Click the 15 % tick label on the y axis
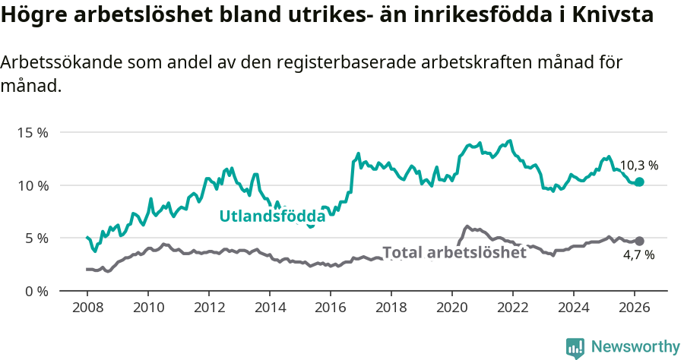click(32, 132)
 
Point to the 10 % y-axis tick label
click(32, 185)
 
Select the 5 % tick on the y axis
click(35, 238)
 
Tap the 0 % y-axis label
click(35, 291)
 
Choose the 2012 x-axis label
click(208, 308)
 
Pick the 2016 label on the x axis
click(330, 308)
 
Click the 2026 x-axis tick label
click(634, 308)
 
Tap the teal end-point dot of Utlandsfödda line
click(639, 182)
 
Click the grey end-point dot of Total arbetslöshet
click(639, 241)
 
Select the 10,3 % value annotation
click(638, 165)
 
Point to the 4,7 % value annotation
click(638, 255)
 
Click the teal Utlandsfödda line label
click(272, 216)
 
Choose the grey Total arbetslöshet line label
click(454, 253)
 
